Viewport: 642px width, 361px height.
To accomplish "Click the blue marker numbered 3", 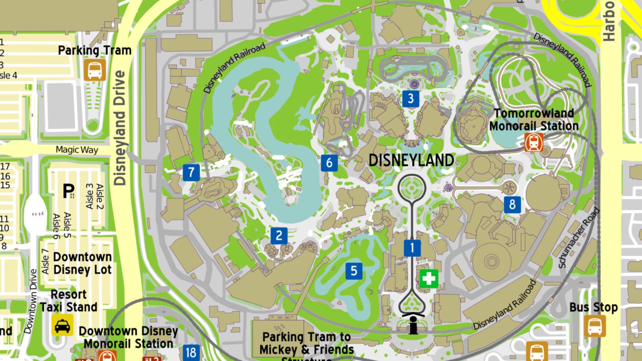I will [411, 99].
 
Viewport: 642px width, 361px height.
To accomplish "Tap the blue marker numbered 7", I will [191, 172].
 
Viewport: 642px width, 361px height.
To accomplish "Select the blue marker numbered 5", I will [354, 271].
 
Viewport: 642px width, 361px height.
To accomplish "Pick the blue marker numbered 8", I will [512, 204].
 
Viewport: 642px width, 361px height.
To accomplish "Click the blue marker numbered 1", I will [412, 248].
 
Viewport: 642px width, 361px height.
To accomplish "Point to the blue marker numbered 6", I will [329, 163].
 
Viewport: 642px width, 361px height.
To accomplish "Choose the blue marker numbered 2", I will [279, 236].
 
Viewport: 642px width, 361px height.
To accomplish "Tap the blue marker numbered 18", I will [191, 352].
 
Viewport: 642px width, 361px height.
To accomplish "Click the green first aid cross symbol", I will [429, 278].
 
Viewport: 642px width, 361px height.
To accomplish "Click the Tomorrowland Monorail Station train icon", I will [534, 142].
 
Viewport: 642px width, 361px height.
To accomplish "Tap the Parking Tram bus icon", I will [95, 70].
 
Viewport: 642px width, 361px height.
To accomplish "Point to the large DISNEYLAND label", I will [411, 161].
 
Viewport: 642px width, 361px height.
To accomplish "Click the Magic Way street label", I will [77, 150].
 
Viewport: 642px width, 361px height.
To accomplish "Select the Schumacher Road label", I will [579, 238].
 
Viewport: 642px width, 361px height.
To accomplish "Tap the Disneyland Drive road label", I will [120, 128].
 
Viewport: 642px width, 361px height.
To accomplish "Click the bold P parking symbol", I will [69, 191].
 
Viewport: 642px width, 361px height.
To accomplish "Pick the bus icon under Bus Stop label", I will [595, 326].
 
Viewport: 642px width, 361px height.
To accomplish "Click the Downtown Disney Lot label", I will [82, 263].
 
